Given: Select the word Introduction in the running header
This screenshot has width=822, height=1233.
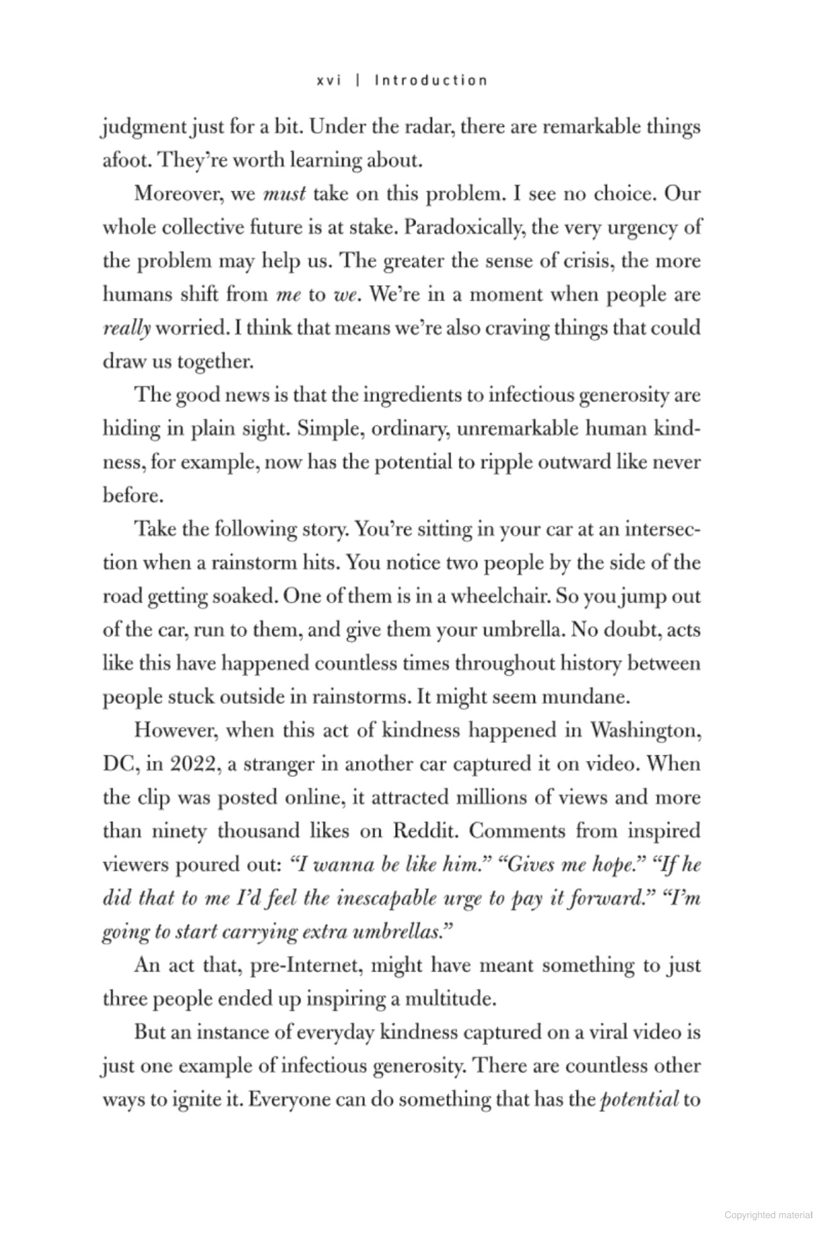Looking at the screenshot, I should click(x=431, y=80).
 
